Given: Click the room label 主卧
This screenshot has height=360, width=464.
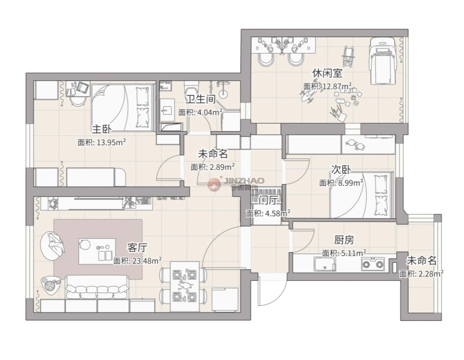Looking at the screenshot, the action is pos(102,129).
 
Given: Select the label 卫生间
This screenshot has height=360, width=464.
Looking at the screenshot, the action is pos(201,99).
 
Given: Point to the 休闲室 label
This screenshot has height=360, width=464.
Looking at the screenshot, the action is pos(328,73).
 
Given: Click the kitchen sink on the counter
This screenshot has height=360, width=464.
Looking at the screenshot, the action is pos(324,264).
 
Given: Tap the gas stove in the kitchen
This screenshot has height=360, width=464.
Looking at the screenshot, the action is pos(373,264).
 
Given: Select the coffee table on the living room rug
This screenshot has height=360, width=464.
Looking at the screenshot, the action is pos(97,251).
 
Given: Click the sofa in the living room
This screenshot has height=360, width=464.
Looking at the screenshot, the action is pos(97,287).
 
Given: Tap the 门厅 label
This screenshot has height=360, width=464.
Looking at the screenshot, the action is pos(269,201).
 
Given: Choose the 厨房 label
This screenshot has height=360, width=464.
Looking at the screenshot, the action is pos(344,240).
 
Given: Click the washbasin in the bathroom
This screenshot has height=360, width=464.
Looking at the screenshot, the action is pos(167,110).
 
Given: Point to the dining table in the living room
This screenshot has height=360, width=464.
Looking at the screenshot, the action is pos(185,287).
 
